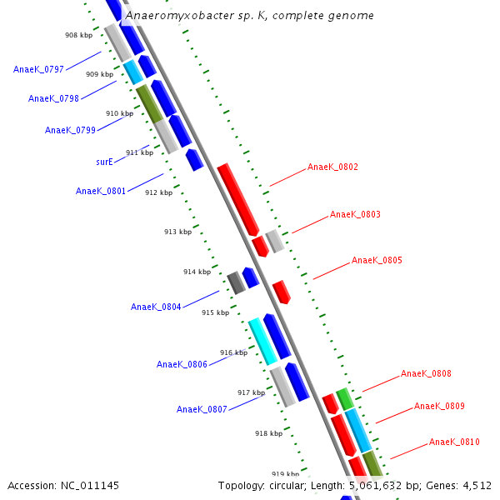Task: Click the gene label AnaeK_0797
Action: (x=38, y=69)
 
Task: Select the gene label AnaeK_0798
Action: (x=53, y=98)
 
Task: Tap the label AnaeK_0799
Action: (x=70, y=130)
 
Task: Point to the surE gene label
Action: (x=104, y=162)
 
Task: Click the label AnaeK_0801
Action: (x=101, y=191)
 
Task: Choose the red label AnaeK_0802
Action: (x=332, y=167)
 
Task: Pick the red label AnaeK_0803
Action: (x=355, y=214)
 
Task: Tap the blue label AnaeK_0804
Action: (x=156, y=307)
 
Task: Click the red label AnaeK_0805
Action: (x=377, y=261)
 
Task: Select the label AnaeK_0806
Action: (x=182, y=364)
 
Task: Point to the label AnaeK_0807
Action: (x=202, y=409)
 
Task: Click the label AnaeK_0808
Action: (x=426, y=373)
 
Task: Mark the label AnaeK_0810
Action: (x=454, y=442)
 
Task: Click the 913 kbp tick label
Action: (x=177, y=232)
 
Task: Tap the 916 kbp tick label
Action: (x=233, y=352)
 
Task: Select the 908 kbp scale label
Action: (x=78, y=35)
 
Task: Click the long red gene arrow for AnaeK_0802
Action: (x=238, y=199)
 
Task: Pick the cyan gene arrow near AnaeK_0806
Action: (x=262, y=342)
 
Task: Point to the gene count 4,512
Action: (x=475, y=485)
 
